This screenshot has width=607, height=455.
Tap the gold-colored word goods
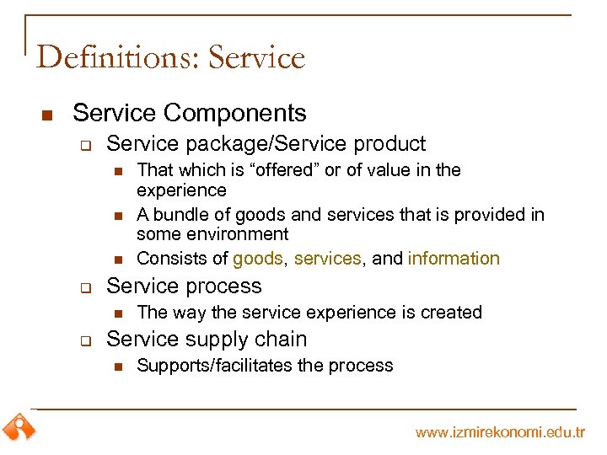[x=258, y=259]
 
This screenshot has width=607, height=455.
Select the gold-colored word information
[x=454, y=259]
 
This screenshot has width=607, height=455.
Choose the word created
[x=451, y=313]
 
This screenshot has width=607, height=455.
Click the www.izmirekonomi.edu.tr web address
[x=500, y=432]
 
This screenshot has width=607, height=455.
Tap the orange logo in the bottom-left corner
[x=19, y=426]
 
